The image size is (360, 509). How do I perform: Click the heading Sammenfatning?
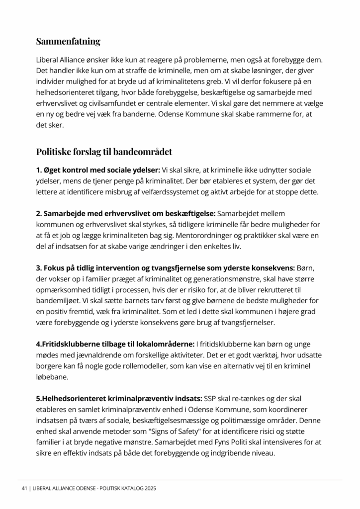click(68, 41)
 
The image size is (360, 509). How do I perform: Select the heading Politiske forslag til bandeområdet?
click(104, 151)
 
